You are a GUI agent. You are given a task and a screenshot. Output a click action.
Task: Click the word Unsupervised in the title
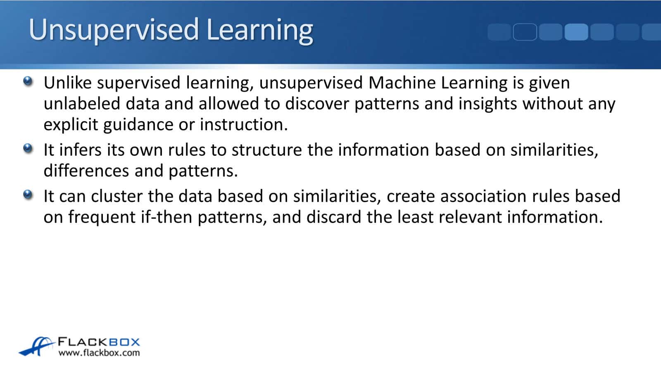[x=114, y=31]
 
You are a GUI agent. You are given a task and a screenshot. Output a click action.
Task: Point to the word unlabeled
[x=82, y=104]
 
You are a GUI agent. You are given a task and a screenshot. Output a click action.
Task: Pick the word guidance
[x=138, y=125]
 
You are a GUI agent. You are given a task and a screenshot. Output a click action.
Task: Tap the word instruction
[x=244, y=124]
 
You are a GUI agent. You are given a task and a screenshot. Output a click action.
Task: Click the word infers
[x=80, y=150]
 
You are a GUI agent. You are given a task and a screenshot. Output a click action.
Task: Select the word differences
[x=86, y=171]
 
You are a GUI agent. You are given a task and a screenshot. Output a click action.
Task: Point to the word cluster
[x=117, y=196]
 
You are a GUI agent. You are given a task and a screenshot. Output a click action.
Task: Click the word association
[x=483, y=196]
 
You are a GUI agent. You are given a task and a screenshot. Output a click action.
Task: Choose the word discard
[x=334, y=217]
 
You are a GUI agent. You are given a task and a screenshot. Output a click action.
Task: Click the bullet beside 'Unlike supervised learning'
[x=28, y=81]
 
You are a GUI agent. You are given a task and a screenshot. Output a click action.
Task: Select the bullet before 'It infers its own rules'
[x=28, y=148]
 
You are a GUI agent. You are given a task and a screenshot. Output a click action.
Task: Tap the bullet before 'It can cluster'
[x=28, y=195]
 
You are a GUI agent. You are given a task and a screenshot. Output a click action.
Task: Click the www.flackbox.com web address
[x=99, y=353]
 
